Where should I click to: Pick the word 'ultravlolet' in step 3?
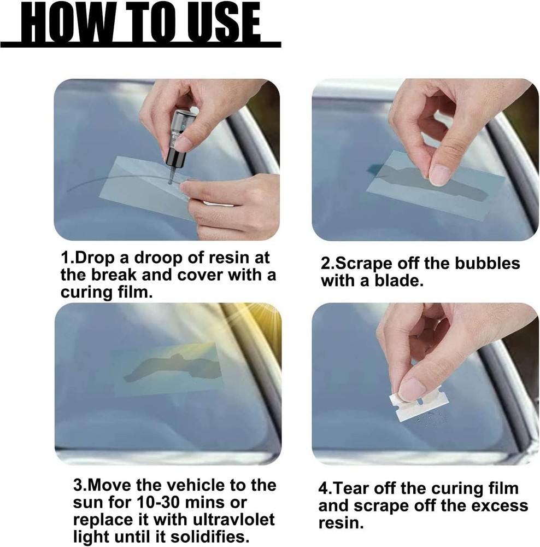[229, 519]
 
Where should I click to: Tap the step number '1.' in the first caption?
[67, 258]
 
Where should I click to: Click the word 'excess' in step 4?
[495, 505]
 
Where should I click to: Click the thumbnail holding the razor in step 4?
[412, 389]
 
